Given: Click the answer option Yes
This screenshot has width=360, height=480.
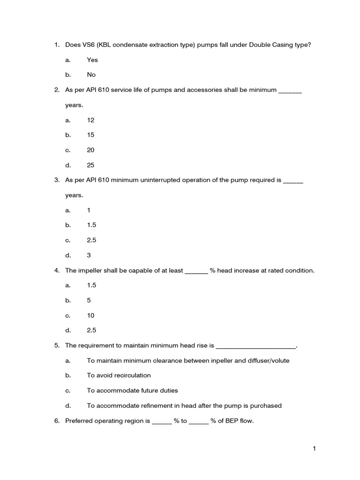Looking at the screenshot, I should pos(92,60).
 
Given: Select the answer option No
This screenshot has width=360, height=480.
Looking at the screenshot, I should pos(91,75).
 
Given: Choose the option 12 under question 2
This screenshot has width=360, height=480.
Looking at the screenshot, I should pos(90,120).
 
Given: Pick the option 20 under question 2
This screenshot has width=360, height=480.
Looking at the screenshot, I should pos(90,150).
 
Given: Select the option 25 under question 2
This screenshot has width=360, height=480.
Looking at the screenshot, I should pos(90,165).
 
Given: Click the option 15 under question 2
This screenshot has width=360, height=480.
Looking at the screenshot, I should pos(90,135).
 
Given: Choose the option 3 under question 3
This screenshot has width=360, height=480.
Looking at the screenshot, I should pos(89,255).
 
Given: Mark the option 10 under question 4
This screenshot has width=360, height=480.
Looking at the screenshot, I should pos(90,315).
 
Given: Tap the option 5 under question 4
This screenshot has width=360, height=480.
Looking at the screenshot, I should pos(89,300).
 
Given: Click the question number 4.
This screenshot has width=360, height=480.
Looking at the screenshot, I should pos(57,270).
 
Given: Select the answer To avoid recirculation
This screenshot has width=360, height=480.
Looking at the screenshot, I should pos(119,375).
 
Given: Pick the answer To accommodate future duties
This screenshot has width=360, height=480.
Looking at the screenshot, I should pos(132,390).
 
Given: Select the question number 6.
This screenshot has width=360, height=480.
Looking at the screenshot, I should pos(57,421).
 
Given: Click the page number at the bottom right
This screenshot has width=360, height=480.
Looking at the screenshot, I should pos(315,449).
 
